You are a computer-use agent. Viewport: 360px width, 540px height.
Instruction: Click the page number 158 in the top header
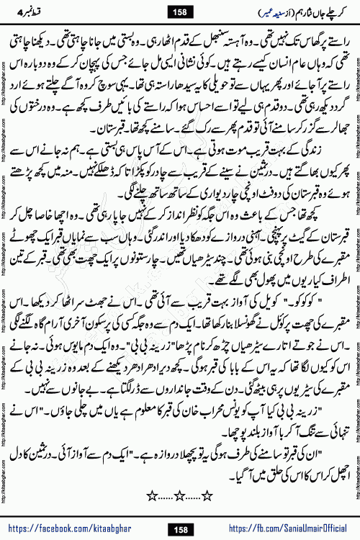coord(179,12)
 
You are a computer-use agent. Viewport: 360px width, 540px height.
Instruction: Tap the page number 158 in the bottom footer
coord(180,529)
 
